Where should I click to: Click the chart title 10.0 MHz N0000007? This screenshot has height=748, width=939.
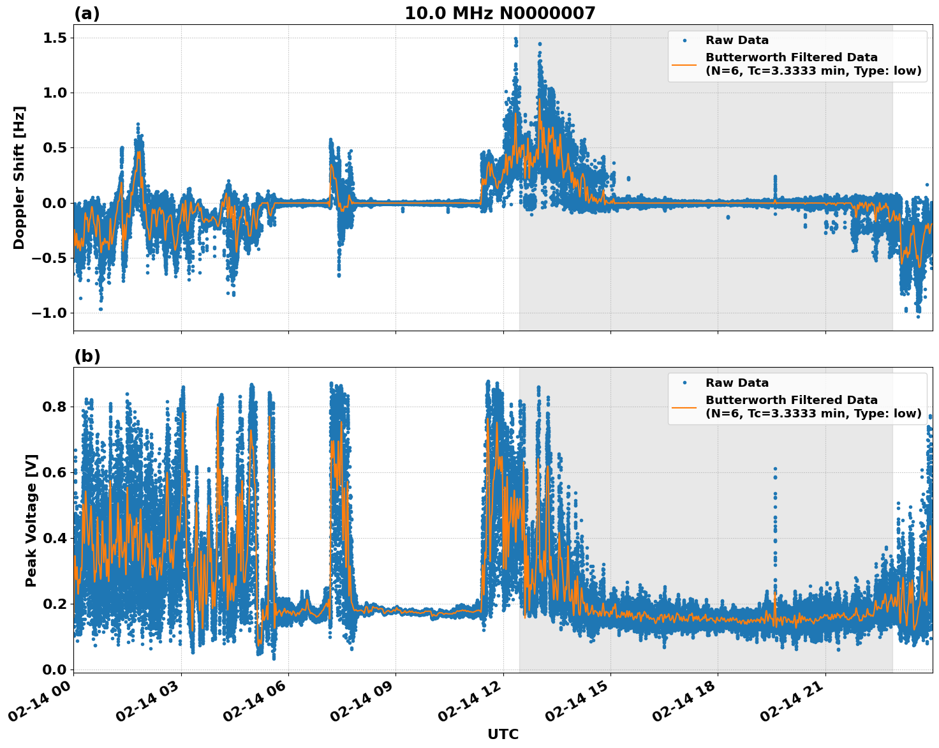(499, 13)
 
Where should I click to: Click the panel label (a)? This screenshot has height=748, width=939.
(87, 13)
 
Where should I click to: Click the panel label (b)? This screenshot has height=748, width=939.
(87, 356)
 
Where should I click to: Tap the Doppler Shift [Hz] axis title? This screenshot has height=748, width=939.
(19, 177)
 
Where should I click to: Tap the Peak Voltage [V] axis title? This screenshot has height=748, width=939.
(31, 520)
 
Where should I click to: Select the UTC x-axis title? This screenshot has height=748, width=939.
(503, 734)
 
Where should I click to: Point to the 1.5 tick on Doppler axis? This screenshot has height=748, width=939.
(56, 38)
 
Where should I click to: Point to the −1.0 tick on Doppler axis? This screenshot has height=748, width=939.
(50, 313)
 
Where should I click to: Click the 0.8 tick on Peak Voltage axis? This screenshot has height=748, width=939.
(56, 407)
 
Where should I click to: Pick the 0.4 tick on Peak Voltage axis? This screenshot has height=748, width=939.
(56, 538)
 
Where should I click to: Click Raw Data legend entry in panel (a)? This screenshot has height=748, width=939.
(737, 40)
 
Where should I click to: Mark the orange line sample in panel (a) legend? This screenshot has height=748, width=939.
(684, 64)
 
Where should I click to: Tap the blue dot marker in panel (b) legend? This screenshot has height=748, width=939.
(684, 383)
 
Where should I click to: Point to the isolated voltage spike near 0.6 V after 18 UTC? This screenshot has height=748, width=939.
(775, 472)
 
